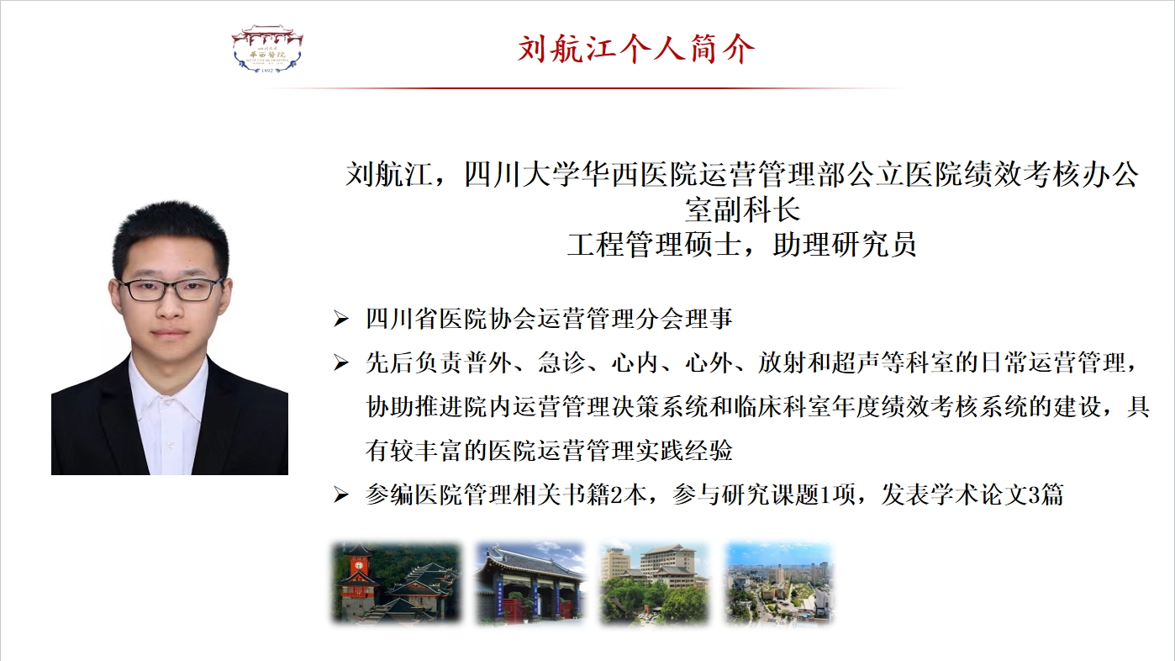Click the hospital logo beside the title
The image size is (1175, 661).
click(x=267, y=48)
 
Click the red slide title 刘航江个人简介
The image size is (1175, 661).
click(x=635, y=50)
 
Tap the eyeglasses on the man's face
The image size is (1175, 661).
click(x=171, y=289)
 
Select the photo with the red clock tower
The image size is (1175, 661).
click(x=396, y=583)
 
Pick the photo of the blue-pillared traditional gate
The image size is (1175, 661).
click(x=530, y=583)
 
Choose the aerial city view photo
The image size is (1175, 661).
click(x=779, y=583)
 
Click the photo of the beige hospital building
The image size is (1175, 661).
click(x=655, y=583)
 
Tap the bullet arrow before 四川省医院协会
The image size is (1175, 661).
click(x=341, y=319)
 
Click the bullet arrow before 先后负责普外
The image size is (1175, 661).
click(x=341, y=362)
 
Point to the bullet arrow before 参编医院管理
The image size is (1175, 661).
click(x=341, y=494)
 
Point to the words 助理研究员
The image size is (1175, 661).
click(x=845, y=245)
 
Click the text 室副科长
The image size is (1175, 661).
click(x=742, y=209)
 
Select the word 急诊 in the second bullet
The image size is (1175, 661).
click(x=561, y=362)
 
